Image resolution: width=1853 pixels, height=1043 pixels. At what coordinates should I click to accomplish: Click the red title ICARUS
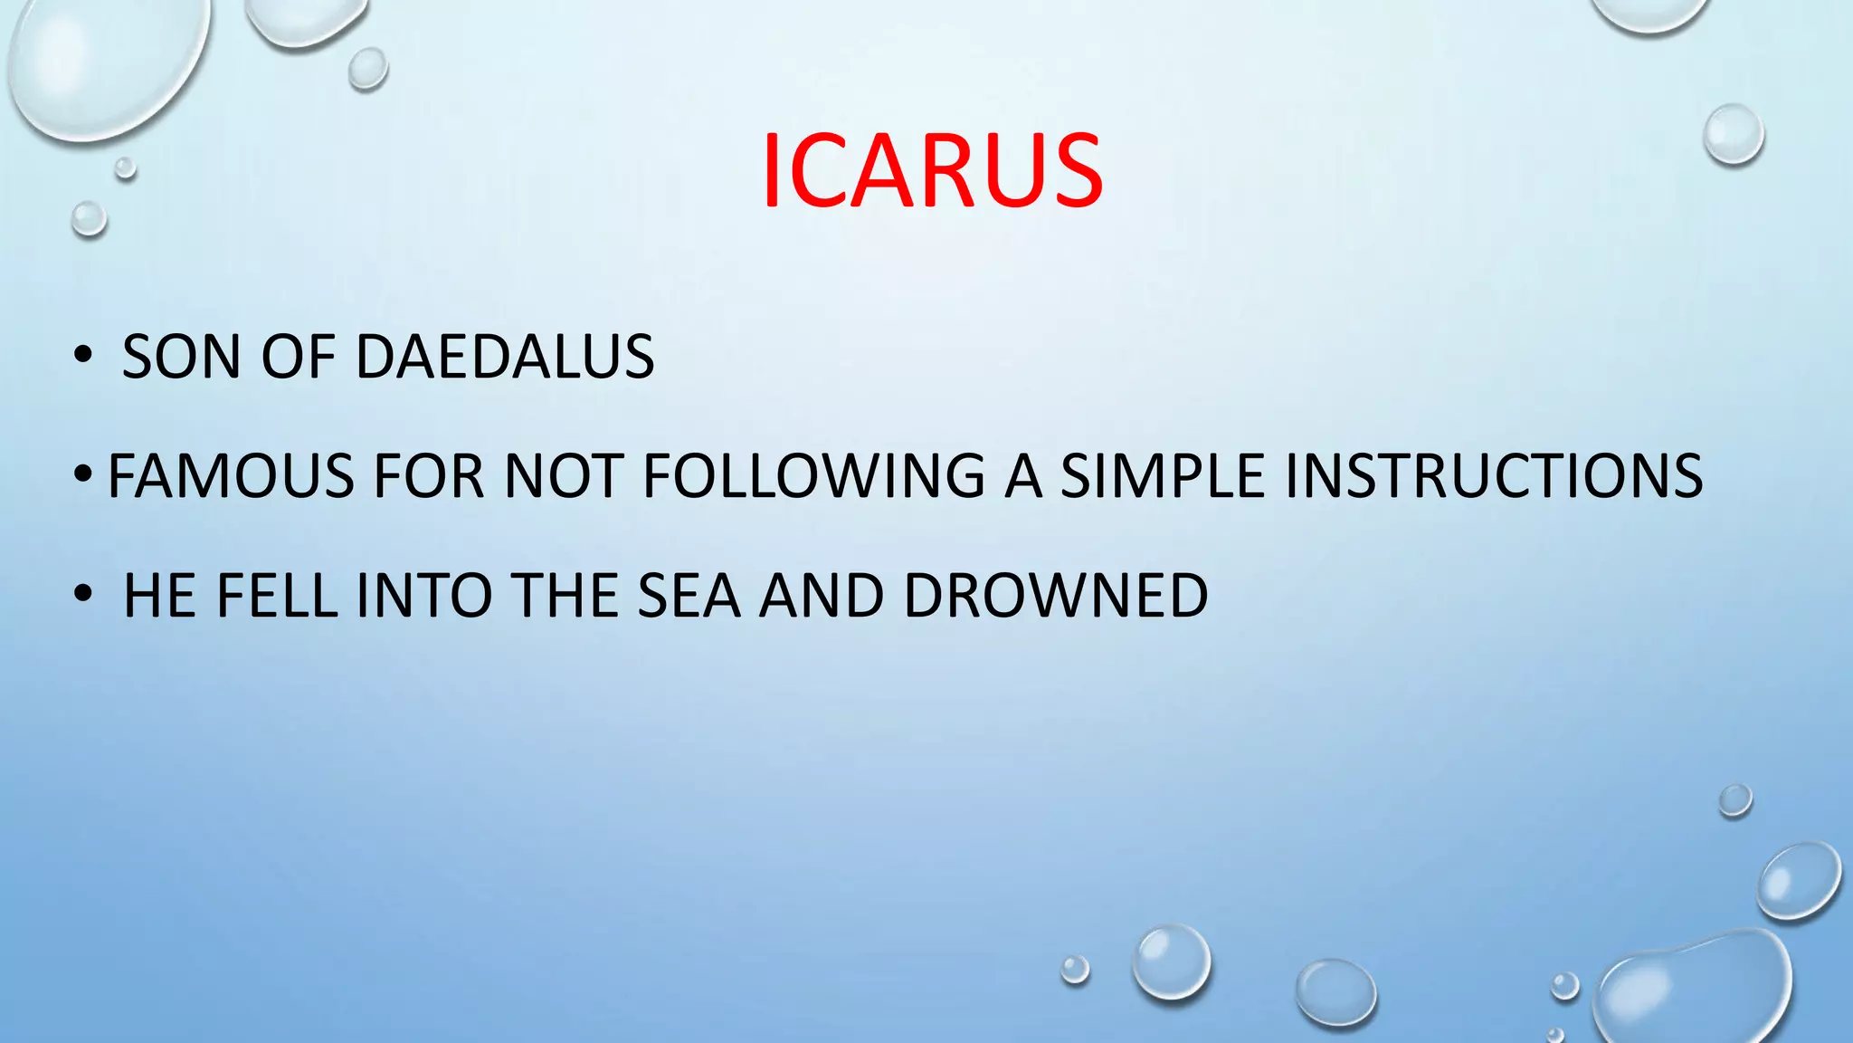(932, 171)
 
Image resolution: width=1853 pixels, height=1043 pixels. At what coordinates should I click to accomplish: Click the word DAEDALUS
(505, 357)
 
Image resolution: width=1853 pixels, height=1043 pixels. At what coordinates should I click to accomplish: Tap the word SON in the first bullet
(181, 357)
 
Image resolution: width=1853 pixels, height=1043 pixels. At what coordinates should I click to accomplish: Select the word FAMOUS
(230, 476)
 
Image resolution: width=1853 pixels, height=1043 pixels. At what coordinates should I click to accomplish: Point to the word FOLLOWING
(813, 476)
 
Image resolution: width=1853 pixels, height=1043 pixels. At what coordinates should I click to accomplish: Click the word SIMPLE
(1162, 476)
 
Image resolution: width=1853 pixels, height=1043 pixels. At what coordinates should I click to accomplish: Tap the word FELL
(276, 596)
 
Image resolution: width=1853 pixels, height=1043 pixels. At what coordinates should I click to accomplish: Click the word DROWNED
(1055, 596)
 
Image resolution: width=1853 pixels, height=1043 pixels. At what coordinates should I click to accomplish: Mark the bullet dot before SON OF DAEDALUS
(83, 356)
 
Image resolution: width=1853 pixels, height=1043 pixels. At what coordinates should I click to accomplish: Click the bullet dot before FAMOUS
(83, 474)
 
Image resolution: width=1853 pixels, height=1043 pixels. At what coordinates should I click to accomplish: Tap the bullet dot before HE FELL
(83, 595)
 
